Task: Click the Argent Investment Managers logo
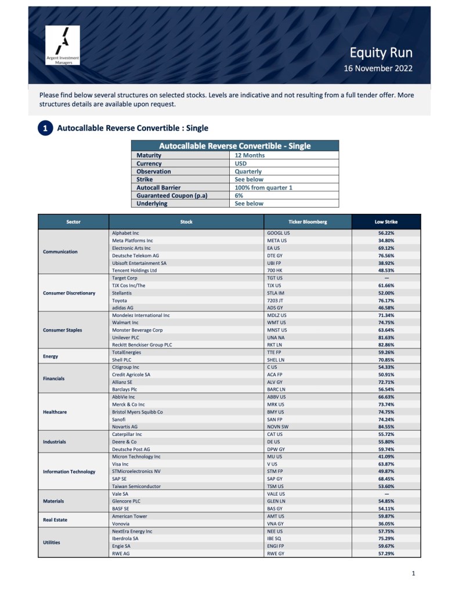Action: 63,45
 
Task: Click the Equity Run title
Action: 381,53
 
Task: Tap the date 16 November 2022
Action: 378,68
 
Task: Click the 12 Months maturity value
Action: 250,155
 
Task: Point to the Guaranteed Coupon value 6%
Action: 238,195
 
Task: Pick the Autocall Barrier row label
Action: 158,188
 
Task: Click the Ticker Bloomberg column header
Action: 308,222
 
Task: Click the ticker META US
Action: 277,241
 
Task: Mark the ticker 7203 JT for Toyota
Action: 276,300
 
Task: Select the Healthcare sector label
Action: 55,412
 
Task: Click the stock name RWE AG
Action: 121,553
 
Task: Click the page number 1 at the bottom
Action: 413,574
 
